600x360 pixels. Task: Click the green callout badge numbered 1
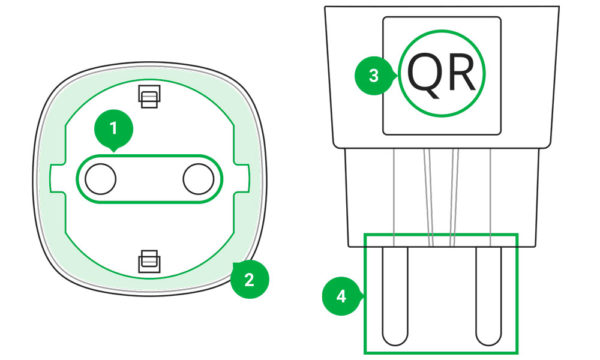(114, 129)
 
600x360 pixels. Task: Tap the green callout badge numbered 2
(249, 279)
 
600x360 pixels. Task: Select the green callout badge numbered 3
(374, 75)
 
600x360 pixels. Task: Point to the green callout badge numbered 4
(341, 296)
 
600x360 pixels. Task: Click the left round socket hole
(100, 179)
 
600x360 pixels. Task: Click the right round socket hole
(198, 179)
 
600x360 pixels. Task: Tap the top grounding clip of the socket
(149, 96)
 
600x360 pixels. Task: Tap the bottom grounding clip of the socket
(149, 261)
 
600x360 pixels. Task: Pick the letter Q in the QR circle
(423, 75)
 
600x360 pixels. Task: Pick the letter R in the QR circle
(461, 73)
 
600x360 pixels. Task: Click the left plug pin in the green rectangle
(395, 296)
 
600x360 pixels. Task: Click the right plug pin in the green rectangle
(489, 296)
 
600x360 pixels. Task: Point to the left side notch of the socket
(57, 178)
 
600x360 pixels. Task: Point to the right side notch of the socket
(241, 178)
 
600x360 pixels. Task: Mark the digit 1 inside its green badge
(113, 129)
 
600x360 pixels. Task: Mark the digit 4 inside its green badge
(341, 296)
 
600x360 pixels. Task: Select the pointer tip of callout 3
(398, 75)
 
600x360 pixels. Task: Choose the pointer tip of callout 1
(114, 152)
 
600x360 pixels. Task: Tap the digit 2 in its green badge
(249, 279)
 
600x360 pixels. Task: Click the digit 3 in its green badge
(374, 75)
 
